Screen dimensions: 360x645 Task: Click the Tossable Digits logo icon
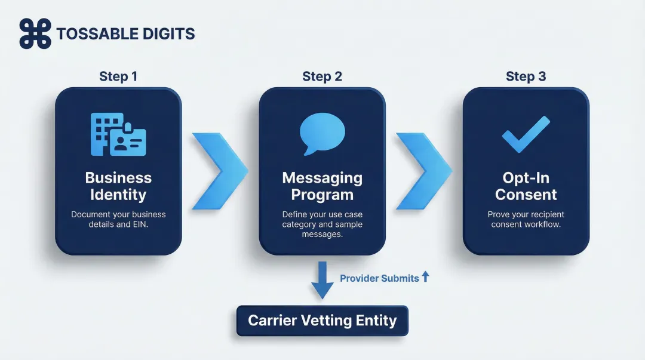pos(35,33)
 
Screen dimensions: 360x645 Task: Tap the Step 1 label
pos(118,76)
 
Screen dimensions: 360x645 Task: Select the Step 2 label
pos(322,76)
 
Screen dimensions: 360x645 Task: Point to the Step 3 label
pos(526,76)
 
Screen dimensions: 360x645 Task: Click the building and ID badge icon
pos(118,134)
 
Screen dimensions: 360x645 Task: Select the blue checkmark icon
pos(526,134)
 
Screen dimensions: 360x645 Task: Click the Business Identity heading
pos(118,186)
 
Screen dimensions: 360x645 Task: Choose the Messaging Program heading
pos(322,186)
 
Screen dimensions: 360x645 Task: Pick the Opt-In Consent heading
pos(526,186)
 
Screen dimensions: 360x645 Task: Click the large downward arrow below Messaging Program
pos(322,279)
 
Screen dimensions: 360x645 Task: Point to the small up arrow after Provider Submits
pos(425,276)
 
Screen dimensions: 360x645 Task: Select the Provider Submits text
pos(379,278)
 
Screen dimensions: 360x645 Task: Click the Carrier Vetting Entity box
pos(322,321)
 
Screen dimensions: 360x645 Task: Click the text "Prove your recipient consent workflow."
pos(526,219)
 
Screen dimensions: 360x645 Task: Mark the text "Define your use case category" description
pos(322,219)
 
